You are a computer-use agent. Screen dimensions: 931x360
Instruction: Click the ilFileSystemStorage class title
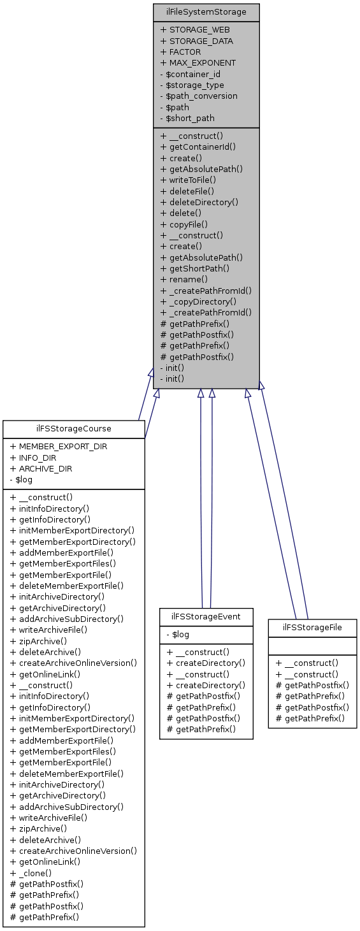click(206, 11)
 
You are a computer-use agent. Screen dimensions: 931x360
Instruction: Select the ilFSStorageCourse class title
click(74, 429)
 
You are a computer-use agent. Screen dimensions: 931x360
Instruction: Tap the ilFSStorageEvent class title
click(206, 617)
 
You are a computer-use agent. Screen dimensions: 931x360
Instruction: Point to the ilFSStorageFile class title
click(312, 628)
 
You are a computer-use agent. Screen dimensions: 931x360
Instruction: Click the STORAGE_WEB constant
click(195, 29)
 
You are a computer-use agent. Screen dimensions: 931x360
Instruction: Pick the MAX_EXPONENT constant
click(198, 62)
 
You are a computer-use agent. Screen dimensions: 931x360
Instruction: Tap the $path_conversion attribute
click(198, 96)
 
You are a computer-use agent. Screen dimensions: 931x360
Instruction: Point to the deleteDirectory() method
click(199, 202)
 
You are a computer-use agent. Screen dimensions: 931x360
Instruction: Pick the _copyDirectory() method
click(198, 301)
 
